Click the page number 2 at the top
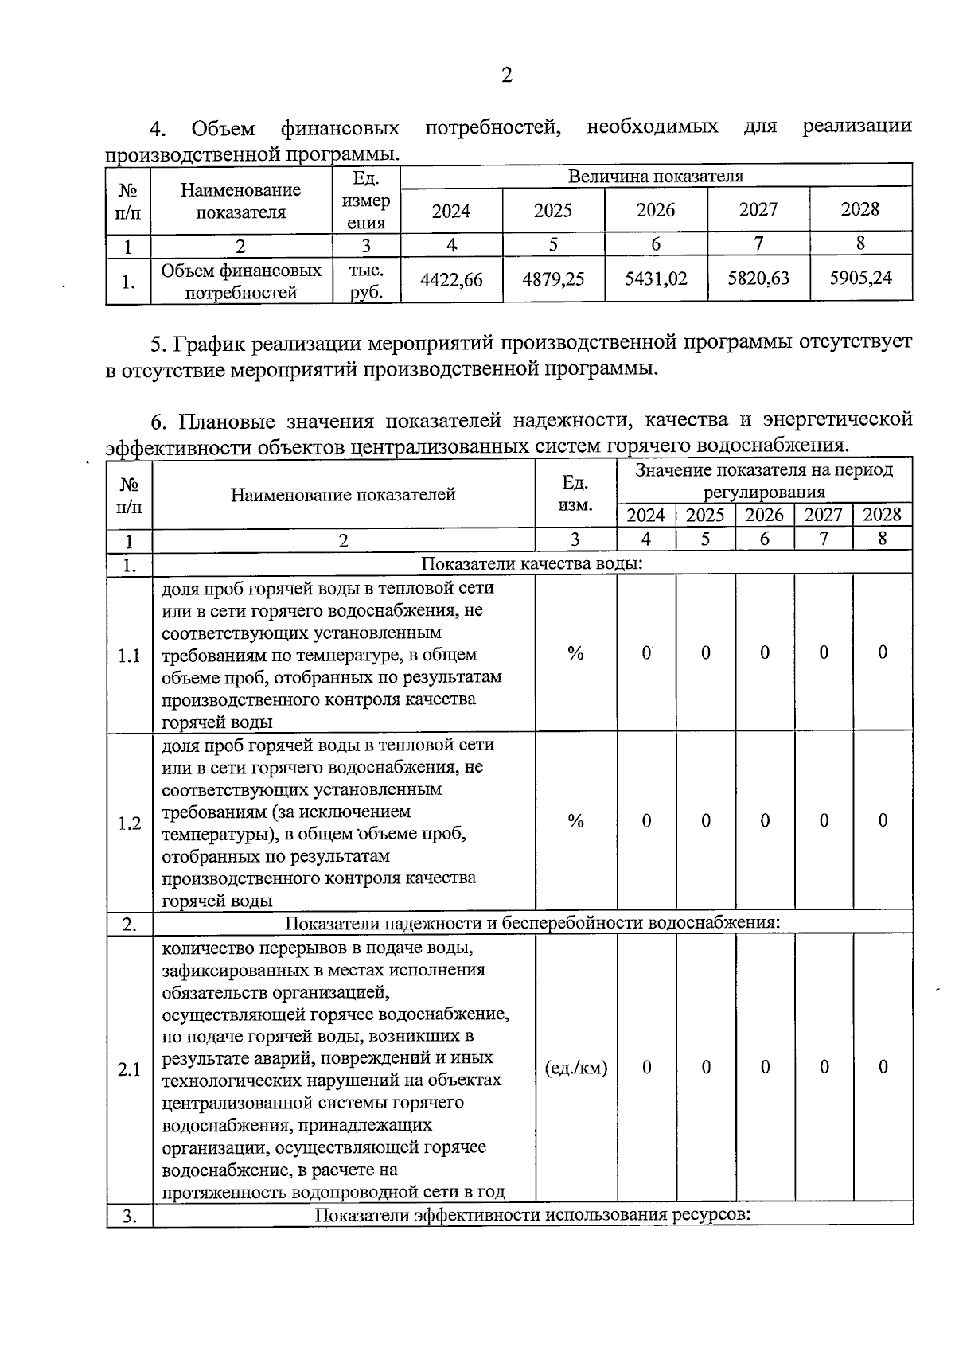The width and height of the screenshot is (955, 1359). [x=507, y=76]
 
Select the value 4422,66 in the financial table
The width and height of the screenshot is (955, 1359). [x=451, y=279]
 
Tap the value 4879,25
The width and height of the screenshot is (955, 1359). [x=553, y=279]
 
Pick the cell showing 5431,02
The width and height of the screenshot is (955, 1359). [x=656, y=278]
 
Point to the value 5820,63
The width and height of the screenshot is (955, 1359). [x=758, y=278]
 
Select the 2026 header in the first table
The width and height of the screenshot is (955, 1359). [x=656, y=210]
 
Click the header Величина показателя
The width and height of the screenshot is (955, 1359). [x=656, y=176]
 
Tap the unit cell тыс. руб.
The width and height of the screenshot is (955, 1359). [x=366, y=281]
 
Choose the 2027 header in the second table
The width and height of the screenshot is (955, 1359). [x=823, y=515]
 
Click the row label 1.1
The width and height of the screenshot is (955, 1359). [x=129, y=656]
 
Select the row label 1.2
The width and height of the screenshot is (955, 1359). [x=129, y=823]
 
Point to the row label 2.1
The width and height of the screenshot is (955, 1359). [x=129, y=1069]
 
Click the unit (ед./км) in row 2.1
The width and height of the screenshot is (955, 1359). [x=576, y=1068]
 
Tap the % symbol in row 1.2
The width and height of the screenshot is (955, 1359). [x=576, y=821]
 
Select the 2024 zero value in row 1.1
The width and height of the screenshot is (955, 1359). [x=646, y=653]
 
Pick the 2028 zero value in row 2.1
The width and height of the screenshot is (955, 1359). [x=883, y=1067]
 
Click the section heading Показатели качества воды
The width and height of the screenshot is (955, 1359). [x=532, y=564]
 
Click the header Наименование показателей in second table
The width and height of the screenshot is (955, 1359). [x=343, y=495]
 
